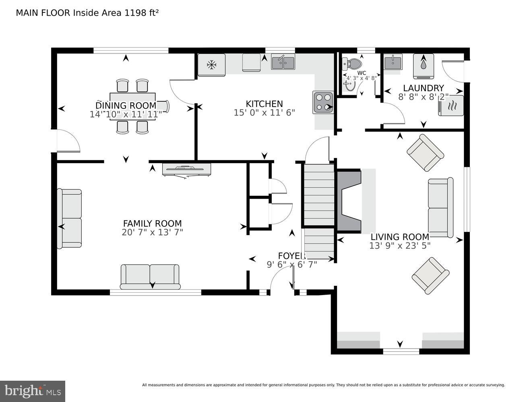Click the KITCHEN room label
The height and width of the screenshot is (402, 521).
tap(264, 104)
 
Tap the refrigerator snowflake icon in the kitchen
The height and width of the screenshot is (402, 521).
tap(212, 64)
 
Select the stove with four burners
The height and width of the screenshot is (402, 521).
tap(323, 102)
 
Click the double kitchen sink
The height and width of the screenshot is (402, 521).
tap(283, 62)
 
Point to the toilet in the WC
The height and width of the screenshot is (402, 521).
tap(352, 64)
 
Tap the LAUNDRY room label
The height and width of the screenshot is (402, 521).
tap(423, 88)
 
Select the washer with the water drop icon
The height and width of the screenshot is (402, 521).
tap(423, 66)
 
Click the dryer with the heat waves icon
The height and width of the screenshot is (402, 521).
tap(451, 105)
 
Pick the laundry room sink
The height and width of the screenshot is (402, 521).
tap(392, 62)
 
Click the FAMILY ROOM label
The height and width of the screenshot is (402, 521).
tap(152, 224)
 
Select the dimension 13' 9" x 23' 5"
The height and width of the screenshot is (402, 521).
tap(400, 246)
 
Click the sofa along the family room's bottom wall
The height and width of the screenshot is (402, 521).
tap(150, 276)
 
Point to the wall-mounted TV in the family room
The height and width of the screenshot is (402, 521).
tap(186, 169)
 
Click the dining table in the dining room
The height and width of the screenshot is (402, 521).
tap(132, 106)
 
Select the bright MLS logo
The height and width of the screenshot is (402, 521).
tap(33, 391)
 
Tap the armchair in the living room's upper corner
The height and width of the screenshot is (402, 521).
tap(425, 153)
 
